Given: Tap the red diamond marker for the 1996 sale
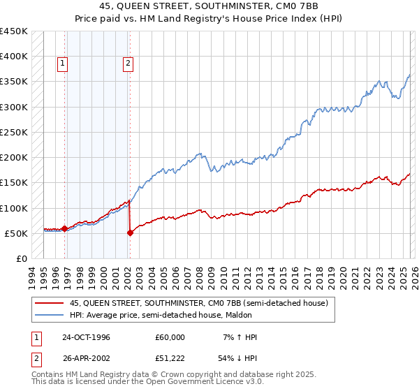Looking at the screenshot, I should point(65,228).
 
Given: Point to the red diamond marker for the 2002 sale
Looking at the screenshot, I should point(130,233).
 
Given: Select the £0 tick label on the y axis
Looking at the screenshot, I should point(22,258).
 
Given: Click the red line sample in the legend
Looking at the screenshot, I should point(50,303).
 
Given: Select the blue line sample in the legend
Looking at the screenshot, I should point(50,315).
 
